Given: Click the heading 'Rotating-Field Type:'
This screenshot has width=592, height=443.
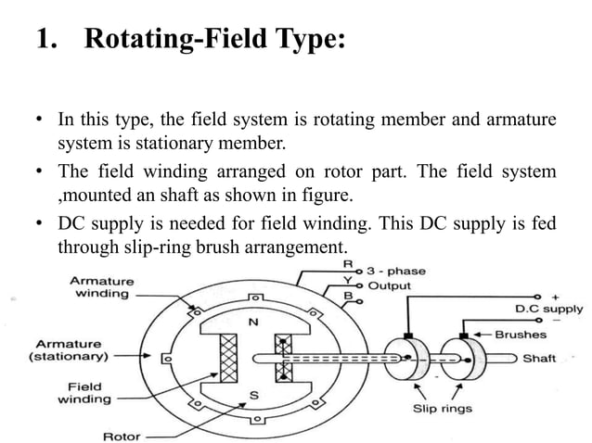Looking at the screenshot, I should tap(214, 41).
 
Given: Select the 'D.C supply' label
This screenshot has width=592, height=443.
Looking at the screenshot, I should tap(549, 309).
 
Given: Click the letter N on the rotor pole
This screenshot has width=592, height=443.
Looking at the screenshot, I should tap(251, 323).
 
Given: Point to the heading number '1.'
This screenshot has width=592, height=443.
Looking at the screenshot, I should tap(47, 41).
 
